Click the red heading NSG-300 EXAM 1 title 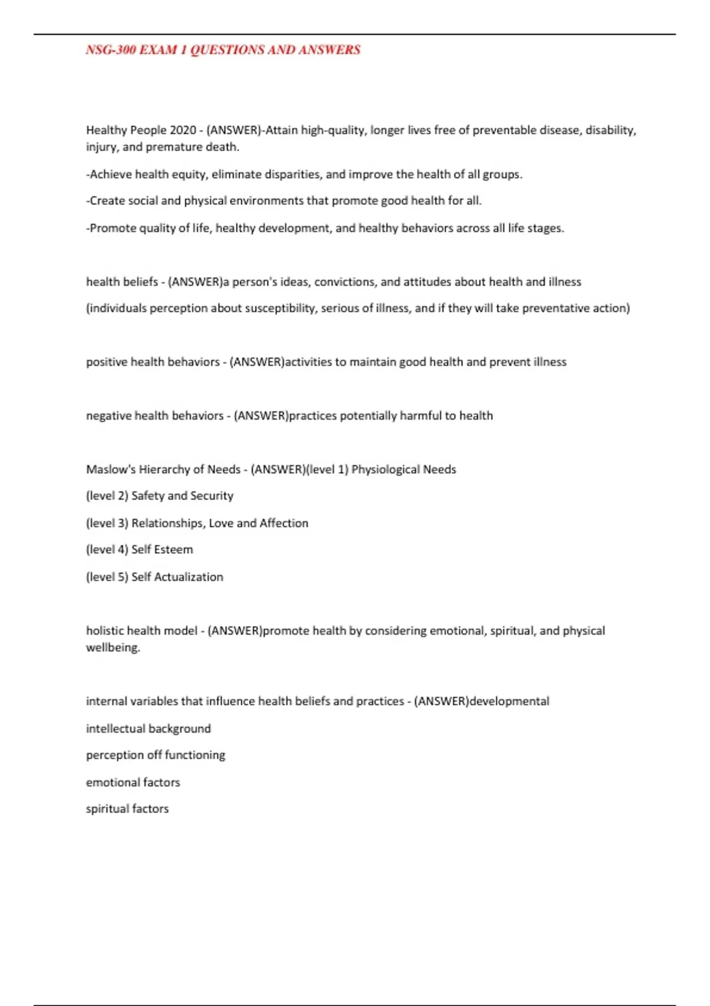click(223, 50)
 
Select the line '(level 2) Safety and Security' click(160, 496)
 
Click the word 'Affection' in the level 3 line click(284, 523)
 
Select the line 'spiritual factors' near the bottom click(127, 809)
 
